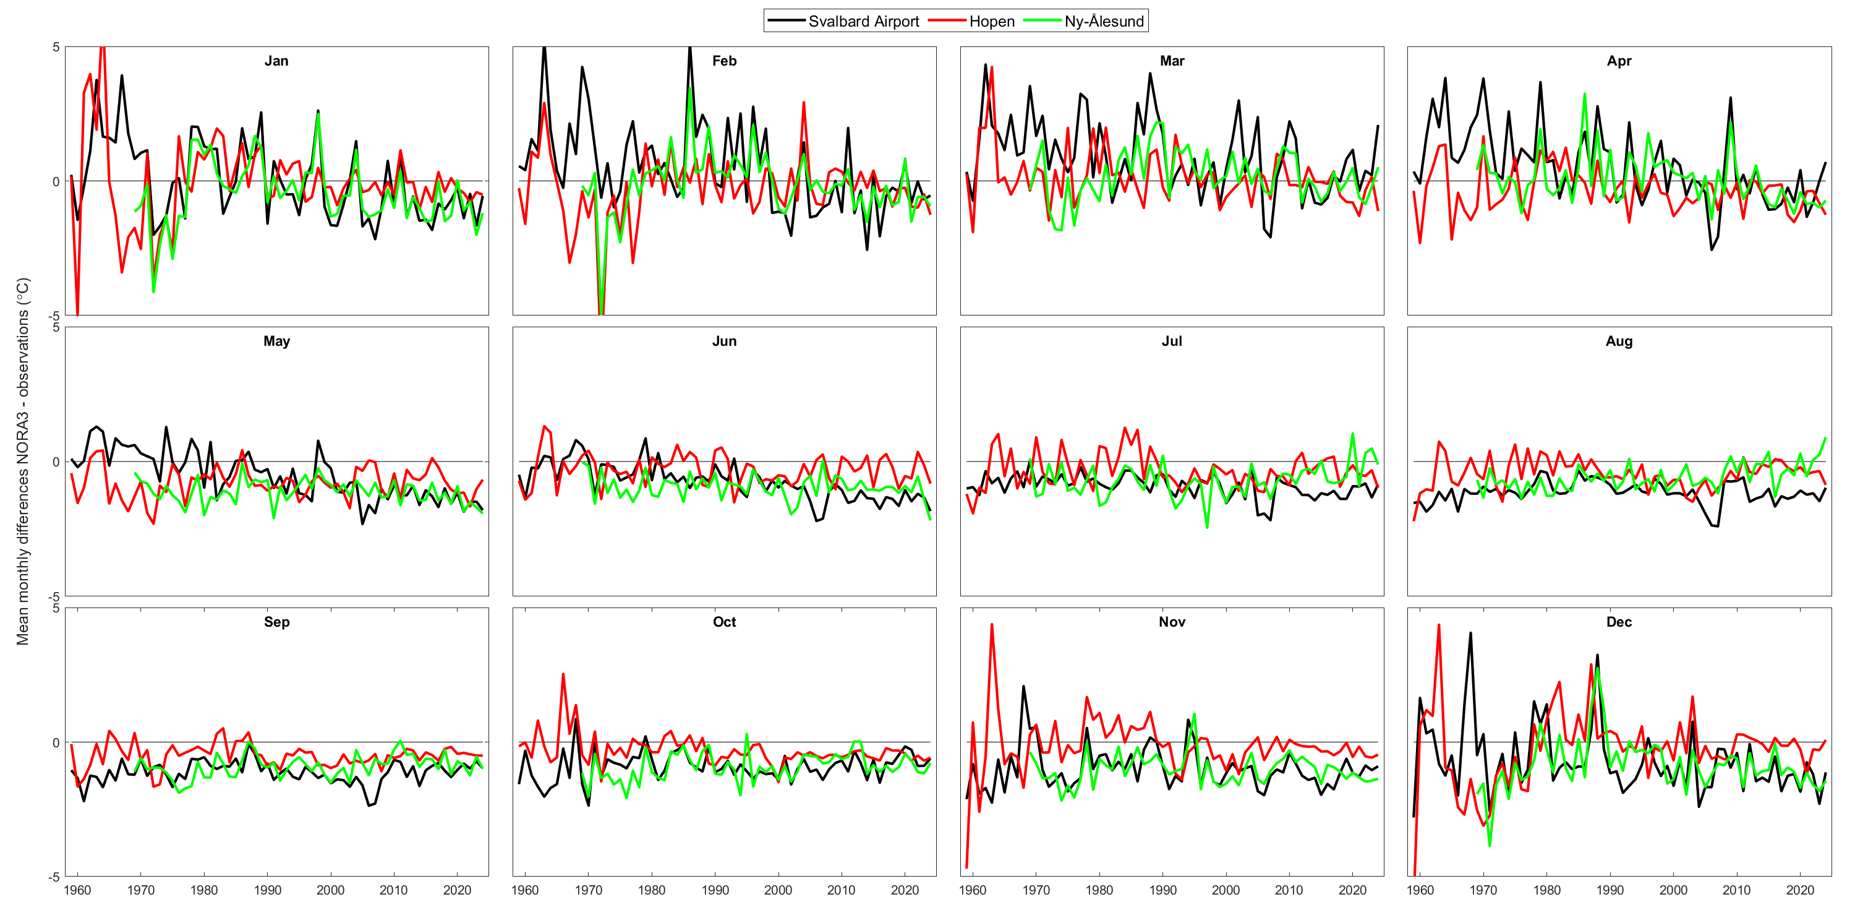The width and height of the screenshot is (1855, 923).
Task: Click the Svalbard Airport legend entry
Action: (x=863, y=22)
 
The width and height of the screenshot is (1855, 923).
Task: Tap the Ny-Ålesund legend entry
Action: (x=1103, y=22)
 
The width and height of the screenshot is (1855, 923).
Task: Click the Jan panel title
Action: (x=276, y=61)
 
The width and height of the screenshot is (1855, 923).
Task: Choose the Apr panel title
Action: (x=1619, y=61)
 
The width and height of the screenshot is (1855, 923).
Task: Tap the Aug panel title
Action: (x=1619, y=341)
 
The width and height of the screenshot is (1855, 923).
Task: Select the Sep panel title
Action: (x=276, y=622)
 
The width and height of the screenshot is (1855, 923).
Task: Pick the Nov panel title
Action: (x=1172, y=622)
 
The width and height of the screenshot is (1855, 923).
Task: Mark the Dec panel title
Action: (x=1619, y=622)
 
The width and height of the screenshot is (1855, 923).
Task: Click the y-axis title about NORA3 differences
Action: (x=22, y=461)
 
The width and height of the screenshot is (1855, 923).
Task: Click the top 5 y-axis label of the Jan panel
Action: (x=56, y=48)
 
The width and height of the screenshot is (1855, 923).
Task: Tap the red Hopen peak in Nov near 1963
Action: (x=992, y=625)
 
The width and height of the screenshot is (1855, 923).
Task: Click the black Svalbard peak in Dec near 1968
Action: (x=1470, y=633)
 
